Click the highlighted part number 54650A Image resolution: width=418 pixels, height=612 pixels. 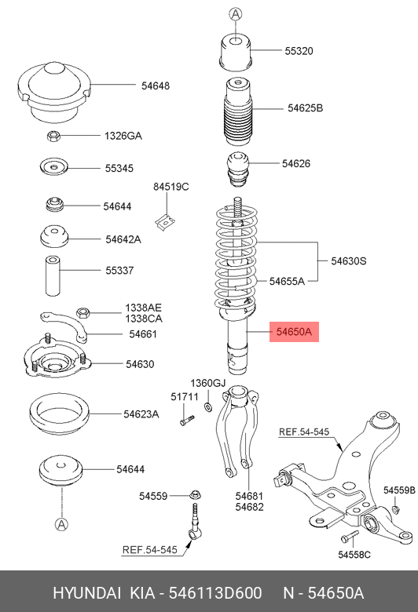[x=294, y=332]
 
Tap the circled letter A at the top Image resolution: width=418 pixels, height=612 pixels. [x=236, y=14]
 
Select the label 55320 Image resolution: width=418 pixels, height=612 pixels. [x=299, y=51]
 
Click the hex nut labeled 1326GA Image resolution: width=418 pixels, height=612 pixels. [x=53, y=137]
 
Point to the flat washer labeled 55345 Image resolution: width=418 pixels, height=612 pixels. [x=54, y=167]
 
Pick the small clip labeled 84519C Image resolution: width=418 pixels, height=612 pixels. [x=165, y=223]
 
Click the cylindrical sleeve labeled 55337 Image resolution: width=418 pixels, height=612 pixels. [x=53, y=275]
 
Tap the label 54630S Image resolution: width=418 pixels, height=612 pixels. [x=349, y=260]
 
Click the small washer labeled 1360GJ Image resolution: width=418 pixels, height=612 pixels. [x=208, y=407]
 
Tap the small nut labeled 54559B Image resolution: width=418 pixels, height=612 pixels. [x=395, y=508]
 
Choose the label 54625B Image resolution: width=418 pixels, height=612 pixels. [x=306, y=108]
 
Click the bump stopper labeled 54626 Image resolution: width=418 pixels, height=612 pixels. [x=238, y=169]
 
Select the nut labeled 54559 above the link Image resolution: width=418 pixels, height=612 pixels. [x=195, y=495]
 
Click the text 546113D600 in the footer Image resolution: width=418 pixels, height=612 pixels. [x=215, y=593]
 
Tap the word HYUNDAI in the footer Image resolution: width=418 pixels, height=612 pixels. [x=86, y=593]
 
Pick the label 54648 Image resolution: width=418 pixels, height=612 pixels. [x=156, y=86]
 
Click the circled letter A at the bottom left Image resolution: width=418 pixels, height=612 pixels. [x=61, y=525]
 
